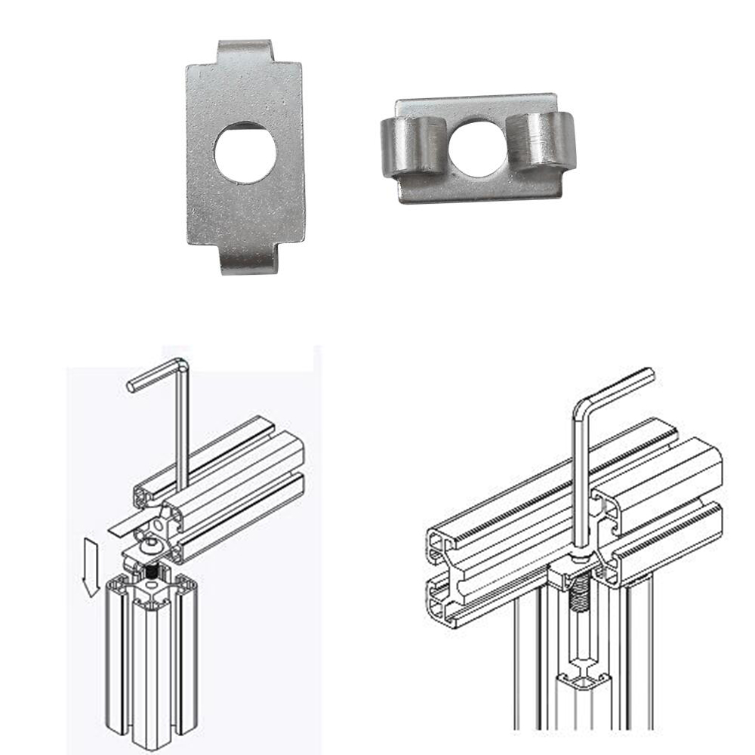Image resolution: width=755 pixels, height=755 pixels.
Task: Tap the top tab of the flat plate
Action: click(244, 51)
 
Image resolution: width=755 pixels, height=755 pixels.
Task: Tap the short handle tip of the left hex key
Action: click(132, 386)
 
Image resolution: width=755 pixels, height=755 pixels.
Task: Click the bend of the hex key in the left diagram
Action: click(182, 365)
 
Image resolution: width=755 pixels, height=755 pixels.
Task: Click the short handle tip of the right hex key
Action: click(649, 372)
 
